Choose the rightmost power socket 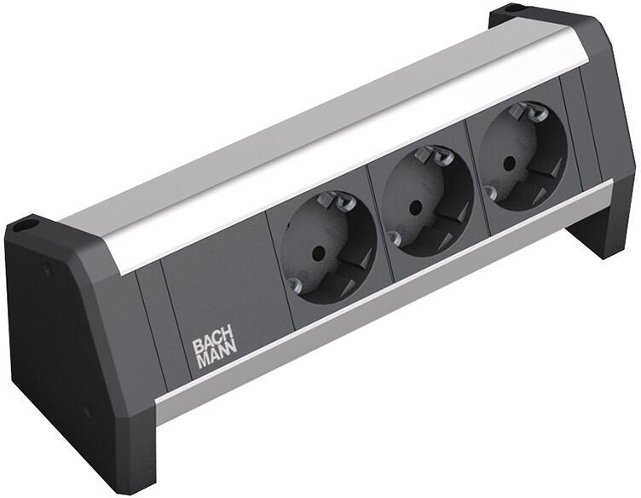[x=523, y=157]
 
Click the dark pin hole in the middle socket [x=415, y=206]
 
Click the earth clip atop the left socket [x=334, y=201]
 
